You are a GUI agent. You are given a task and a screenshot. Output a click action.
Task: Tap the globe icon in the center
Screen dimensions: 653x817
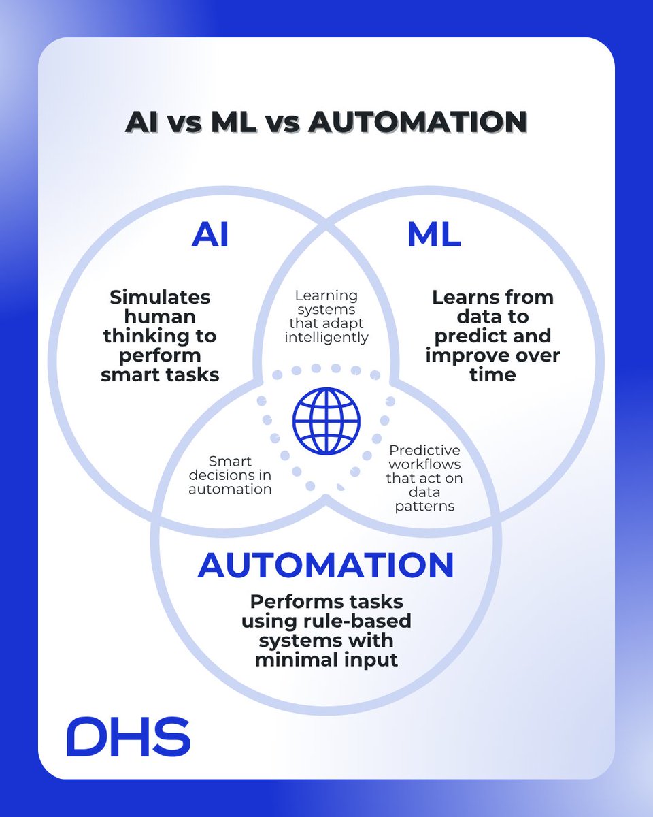coord(326,421)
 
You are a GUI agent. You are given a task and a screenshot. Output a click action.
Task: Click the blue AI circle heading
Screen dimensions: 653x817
coord(210,235)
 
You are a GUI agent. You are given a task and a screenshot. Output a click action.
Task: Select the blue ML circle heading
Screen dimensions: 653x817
coord(434,235)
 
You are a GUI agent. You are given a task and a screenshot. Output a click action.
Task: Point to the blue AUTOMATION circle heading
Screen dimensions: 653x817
coord(326,566)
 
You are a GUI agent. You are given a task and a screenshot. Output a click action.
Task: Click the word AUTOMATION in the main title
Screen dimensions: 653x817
coord(418,122)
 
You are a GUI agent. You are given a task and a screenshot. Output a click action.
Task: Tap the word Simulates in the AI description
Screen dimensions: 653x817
coord(160,298)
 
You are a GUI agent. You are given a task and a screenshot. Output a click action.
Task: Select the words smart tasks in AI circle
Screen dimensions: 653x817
coord(160,375)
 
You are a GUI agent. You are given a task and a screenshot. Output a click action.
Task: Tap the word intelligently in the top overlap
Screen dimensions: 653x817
coord(326,338)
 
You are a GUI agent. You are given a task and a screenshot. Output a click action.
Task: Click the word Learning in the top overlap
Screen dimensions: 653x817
coord(326,295)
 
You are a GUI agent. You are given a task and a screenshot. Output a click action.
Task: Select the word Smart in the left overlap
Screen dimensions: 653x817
coord(230,462)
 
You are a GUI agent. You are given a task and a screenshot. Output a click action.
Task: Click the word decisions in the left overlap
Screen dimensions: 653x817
coord(217,475)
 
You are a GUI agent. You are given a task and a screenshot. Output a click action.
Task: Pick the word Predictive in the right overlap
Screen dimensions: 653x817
coord(424,451)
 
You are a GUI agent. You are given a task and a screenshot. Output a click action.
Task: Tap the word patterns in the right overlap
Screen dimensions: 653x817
coord(424,507)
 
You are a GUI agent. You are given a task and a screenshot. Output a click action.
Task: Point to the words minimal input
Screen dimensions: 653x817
coord(326,660)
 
